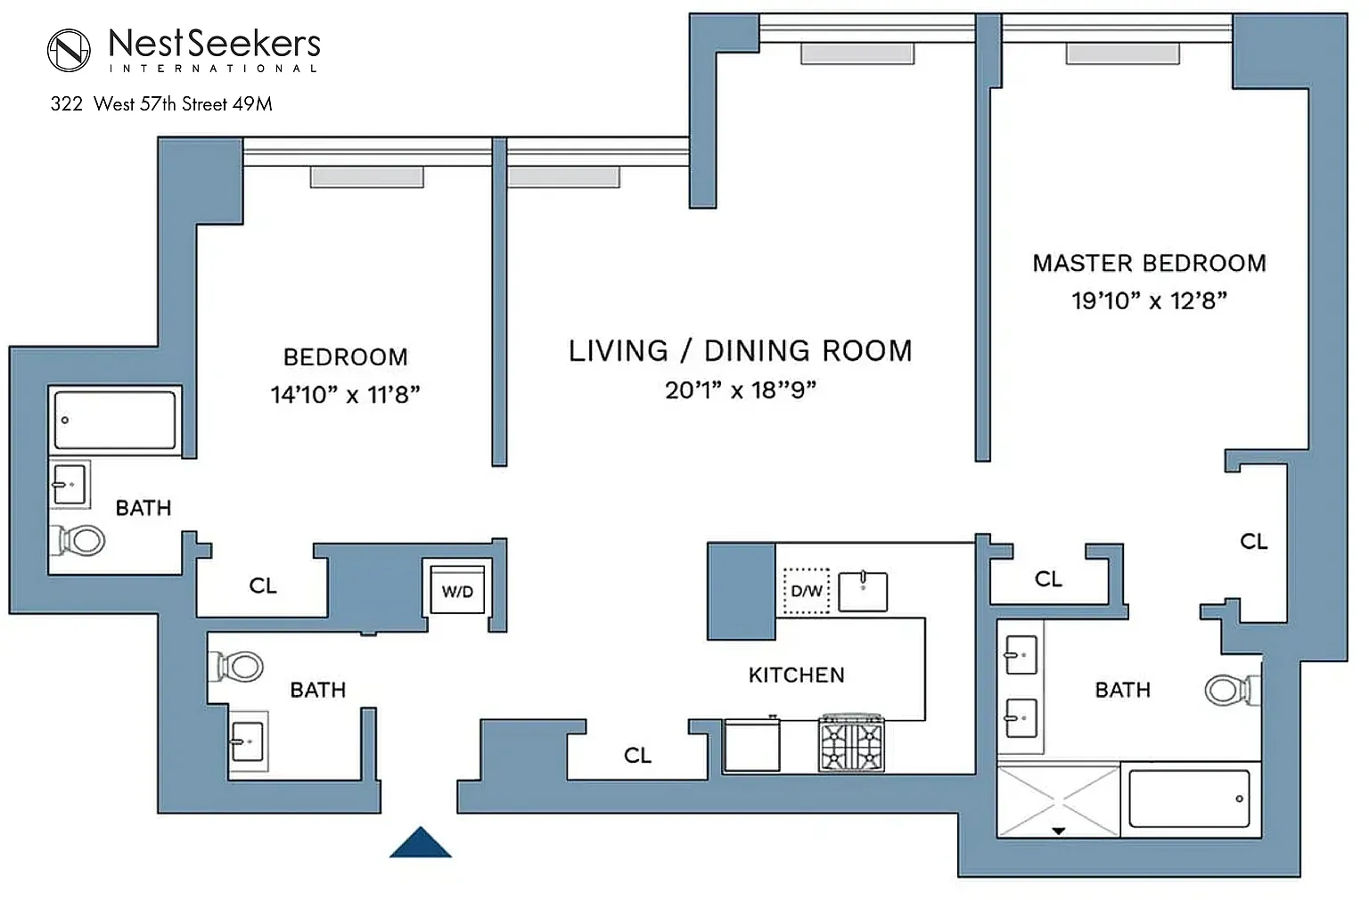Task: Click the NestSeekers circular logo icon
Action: tap(69, 50)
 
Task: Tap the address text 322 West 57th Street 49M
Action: tap(161, 104)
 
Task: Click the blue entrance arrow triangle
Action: tap(421, 843)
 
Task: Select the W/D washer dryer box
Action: tap(458, 590)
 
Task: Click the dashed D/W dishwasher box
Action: tap(806, 591)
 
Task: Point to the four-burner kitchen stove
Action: tap(851, 743)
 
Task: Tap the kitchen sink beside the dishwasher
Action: tap(863, 591)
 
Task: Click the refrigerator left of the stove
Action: tap(751, 745)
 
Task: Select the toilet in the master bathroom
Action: tap(1232, 691)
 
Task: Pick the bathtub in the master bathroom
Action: tap(1189, 799)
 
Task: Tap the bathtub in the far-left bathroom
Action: tap(115, 421)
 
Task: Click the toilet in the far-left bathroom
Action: tap(77, 541)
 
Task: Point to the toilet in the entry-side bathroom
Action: tap(236, 667)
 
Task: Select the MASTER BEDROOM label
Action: tap(1150, 264)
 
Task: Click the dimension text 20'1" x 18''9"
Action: tap(741, 389)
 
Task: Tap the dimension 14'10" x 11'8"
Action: tap(346, 395)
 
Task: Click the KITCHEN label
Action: tap(797, 675)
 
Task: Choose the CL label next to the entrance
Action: tap(637, 756)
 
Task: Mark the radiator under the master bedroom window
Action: tap(1123, 53)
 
